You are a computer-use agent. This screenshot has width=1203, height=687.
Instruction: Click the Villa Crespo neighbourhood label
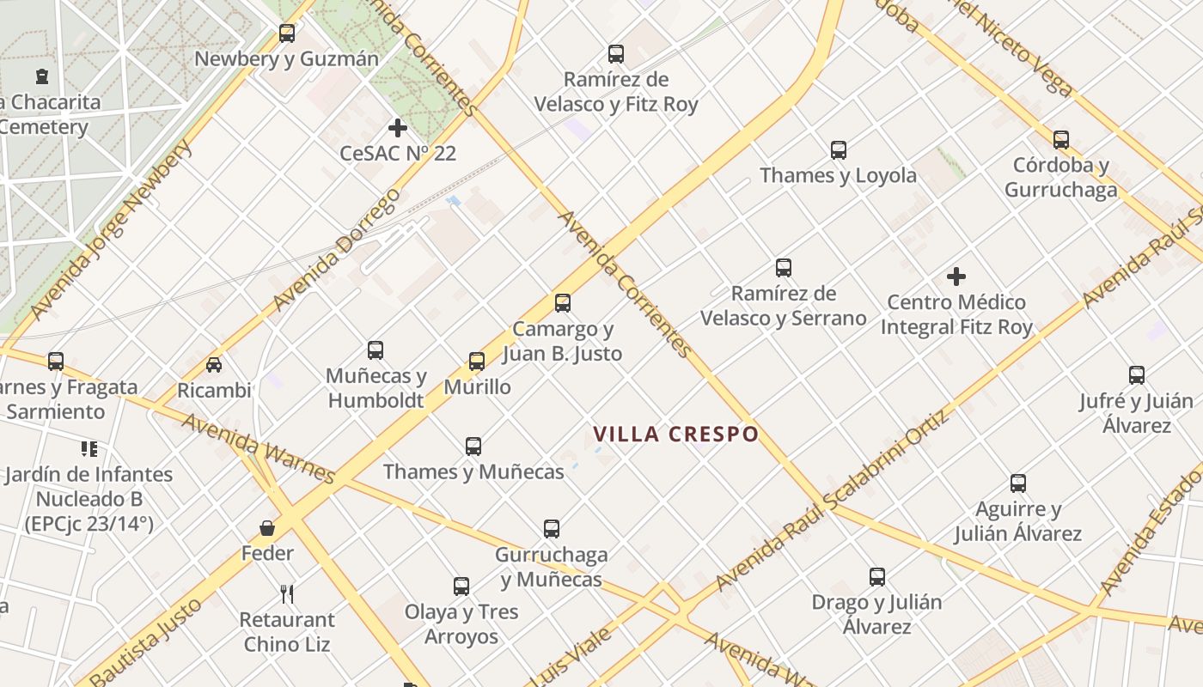tap(676, 434)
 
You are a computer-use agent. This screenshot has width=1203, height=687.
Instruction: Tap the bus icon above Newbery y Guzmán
tap(287, 33)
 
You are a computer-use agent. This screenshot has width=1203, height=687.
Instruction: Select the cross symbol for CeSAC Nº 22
tap(397, 128)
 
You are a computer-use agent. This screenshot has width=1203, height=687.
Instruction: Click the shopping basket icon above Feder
tap(267, 527)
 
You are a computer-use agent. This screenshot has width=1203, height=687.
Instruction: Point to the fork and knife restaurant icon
tap(287, 593)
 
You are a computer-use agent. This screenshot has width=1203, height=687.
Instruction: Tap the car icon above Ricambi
tap(214, 365)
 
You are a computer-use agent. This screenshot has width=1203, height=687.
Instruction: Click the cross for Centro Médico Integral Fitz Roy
tap(956, 277)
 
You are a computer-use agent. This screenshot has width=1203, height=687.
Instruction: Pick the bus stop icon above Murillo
tap(477, 362)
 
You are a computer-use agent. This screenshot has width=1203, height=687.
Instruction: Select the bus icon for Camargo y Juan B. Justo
tap(563, 303)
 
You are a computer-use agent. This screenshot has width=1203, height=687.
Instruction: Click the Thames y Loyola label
tap(838, 176)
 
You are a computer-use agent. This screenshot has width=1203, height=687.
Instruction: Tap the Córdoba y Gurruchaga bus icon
tap(1061, 139)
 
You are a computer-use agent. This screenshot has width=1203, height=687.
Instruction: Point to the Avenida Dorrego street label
tap(336, 250)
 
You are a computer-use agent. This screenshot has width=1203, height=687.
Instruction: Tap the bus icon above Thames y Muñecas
tap(473, 447)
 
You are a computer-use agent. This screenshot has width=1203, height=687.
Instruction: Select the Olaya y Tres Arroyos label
tap(461, 624)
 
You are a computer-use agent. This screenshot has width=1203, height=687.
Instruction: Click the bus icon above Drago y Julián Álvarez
tap(876, 577)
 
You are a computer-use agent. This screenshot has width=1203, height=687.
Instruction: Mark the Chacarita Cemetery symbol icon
tap(42, 76)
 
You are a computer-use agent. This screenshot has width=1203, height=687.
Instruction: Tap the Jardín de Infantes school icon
tap(89, 448)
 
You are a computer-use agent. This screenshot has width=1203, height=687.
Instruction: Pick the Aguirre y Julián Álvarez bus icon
tap(1018, 483)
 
